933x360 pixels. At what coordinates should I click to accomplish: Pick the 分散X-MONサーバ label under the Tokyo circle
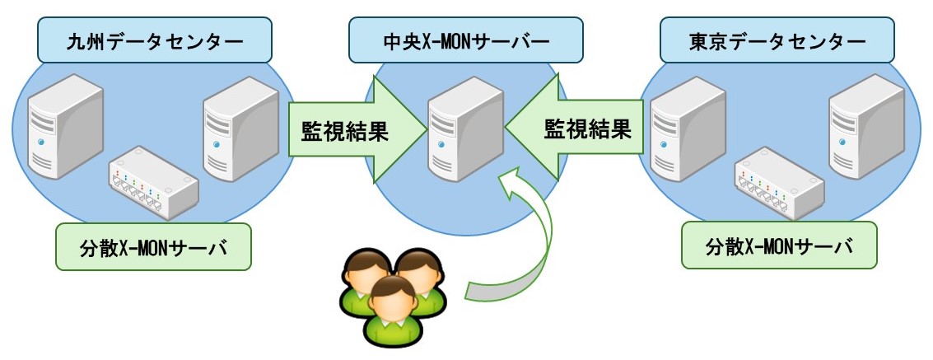coord(779,245)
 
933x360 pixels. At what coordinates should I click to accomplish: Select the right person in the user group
coord(420,276)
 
